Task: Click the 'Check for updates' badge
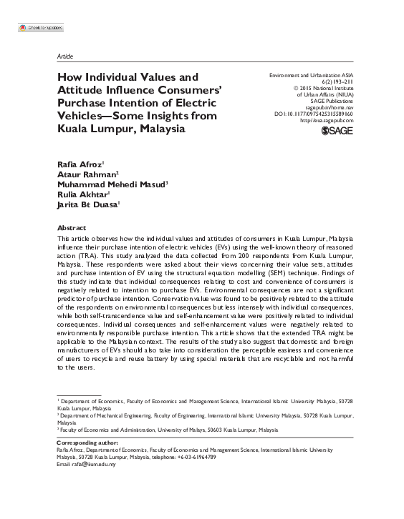[39, 26]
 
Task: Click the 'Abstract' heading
[70, 225]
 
